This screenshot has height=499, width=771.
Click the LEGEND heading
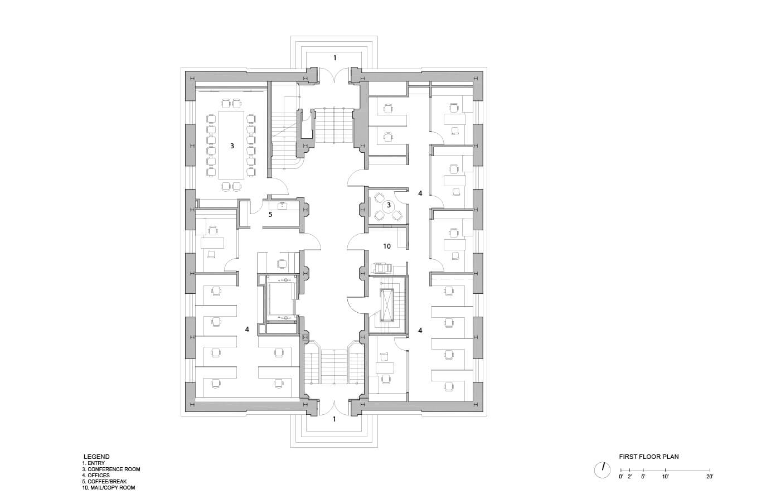click(x=96, y=457)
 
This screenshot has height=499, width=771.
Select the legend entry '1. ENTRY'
click(x=93, y=463)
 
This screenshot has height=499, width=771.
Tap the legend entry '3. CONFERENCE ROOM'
click(x=111, y=469)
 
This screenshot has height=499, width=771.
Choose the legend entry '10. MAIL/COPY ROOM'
click(x=108, y=487)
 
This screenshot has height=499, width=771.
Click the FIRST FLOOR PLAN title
click(x=648, y=457)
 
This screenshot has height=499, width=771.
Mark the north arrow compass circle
click(x=602, y=470)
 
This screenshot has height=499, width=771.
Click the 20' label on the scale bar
click(x=709, y=477)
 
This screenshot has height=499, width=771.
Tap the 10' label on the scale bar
click(x=665, y=477)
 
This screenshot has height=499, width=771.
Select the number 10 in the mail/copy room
click(x=386, y=246)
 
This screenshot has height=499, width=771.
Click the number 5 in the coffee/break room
click(x=270, y=214)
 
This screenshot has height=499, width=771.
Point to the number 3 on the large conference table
click(x=232, y=146)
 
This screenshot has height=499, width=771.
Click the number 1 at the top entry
click(x=334, y=57)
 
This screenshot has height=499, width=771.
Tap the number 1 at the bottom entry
click(x=334, y=419)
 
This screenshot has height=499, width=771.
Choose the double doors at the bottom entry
click(x=334, y=406)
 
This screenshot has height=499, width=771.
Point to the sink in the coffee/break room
click(x=282, y=205)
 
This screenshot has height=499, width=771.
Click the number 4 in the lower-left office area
click(x=247, y=329)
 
